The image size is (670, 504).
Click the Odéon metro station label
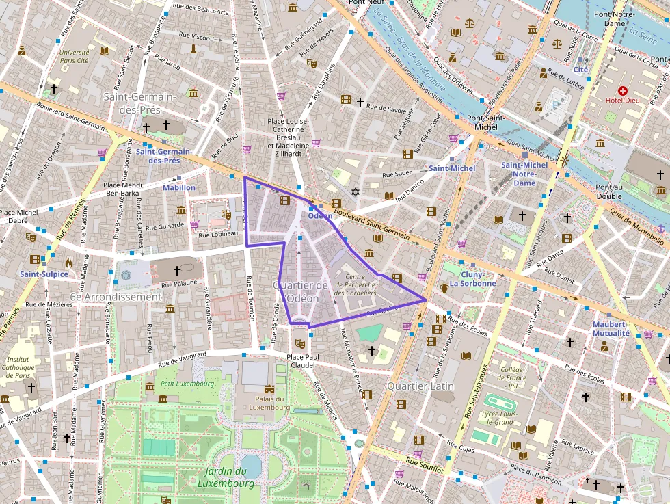tap(320, 215)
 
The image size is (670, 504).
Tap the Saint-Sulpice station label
tap(44, 274)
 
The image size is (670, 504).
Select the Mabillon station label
tap(179, 187)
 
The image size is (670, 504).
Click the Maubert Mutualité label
tap(611, 328)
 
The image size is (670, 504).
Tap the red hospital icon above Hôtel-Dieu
tap(622, 90)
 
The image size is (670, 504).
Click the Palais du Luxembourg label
tap(269, 403)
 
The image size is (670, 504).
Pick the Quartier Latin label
tap(420, 386)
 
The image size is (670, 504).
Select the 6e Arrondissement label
tap(116, 297)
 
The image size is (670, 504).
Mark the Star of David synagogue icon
tap(354, 192)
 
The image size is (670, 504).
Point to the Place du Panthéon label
tap(535, 472)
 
